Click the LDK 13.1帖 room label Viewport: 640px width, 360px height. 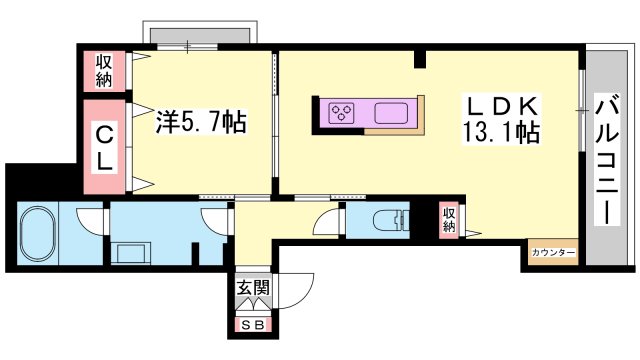click(501, 119)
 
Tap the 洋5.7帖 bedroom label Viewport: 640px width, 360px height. click(201, 122)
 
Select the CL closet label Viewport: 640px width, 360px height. click(104, 148)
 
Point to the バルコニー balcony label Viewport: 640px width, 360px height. click(608, 159)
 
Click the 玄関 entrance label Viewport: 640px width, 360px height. click(253, 288)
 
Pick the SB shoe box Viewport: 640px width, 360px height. click(253, 325)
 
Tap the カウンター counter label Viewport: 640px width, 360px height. click(553, 253)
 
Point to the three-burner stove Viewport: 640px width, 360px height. click(342, 112)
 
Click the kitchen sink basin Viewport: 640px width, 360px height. click(391, 113)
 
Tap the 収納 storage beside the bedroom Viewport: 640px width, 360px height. click(104, 71)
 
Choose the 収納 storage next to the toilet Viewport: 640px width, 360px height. click(449, 220)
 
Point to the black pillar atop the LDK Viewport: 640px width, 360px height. click(420, 58)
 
